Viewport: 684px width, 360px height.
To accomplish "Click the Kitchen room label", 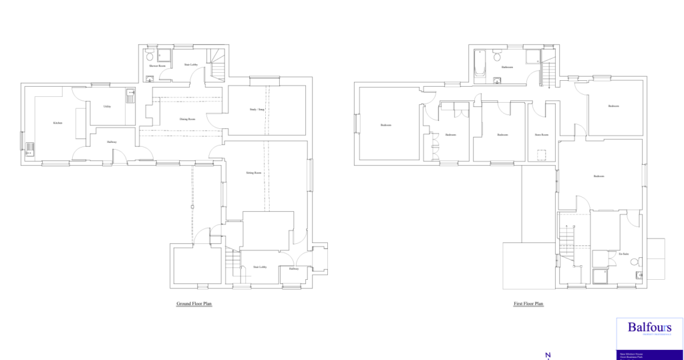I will pyautogui.click(x=57, y=123).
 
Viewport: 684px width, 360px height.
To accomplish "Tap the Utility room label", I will pyautogui.click(x=107, y=106).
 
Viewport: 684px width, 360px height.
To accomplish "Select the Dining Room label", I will pyautogui.click(x=188, y=119).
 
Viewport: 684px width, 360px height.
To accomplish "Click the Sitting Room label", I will pyautogui.click(x=253, y=173).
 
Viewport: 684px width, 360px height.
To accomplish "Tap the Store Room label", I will pyautogui.click(x=541, y=134).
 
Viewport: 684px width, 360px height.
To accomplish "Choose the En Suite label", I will pyautogui.click(x=625, y=254).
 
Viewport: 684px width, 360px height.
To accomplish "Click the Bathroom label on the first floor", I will pyautogui.click(x=507, y=67).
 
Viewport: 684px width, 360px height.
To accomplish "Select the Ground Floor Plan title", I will pyautogui.click(x=194, y=303).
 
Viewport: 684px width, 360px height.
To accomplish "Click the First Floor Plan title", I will pyautogui.click(x=528, y=303).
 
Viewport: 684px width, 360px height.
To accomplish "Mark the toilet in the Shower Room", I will pyautogui.click(x=150, y=56).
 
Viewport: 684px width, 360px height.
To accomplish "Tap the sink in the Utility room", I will pyautogui.click(x=130, y=96).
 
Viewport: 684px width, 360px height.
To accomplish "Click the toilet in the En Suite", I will pyautogui.click(x=639, y=275).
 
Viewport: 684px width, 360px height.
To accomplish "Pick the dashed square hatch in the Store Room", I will pyautogui.click(x=542, y=156).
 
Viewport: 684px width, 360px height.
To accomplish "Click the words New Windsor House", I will pyautogui.click(x=631, y=354).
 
